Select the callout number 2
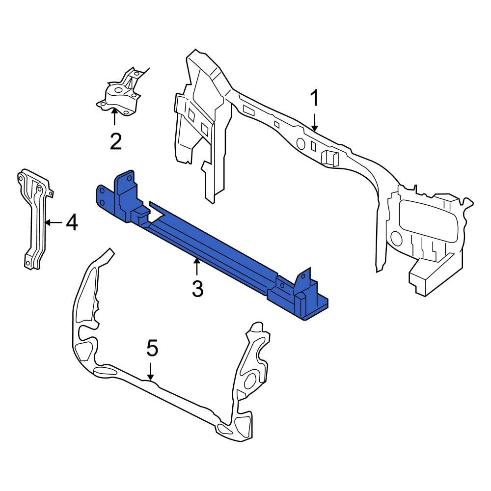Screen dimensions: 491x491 [115, 142]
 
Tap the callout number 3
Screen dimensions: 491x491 [197, 289]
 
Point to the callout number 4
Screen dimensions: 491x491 [72, 223]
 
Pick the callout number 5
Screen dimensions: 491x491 [152, 349]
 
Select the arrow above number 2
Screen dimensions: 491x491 [114, 118]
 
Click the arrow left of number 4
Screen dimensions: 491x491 [53, 223]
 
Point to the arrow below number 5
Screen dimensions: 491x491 [151, 371]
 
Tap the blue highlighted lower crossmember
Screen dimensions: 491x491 [206, 241]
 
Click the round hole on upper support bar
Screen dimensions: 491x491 [300, 143]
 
